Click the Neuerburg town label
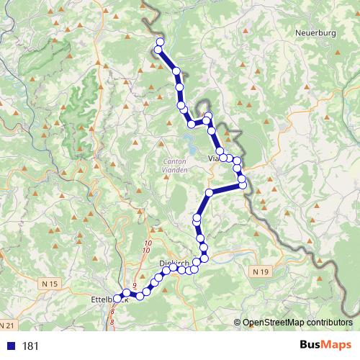(316, 32)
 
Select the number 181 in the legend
(31, 346)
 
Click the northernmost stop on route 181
(160, 41)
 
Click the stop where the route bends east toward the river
(210, 192)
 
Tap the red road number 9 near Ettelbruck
(135, 286)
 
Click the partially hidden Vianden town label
(213, 158)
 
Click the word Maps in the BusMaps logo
(340, 345)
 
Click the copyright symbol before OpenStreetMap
(238, 323)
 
